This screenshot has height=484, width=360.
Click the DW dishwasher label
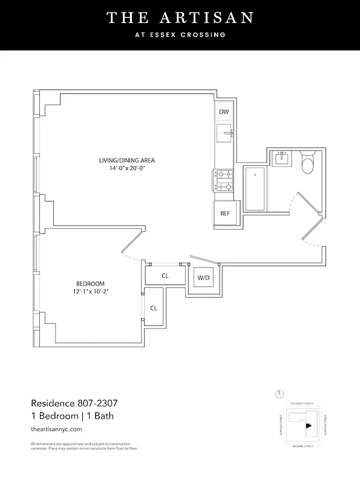pos(224,112)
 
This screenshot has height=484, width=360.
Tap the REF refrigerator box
pos(224,213)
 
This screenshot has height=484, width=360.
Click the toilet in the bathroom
pos(307,162)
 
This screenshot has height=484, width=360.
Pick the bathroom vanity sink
pos(282,159)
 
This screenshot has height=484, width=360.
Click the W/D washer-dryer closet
pos(203,278)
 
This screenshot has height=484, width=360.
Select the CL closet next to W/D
pos(165,275)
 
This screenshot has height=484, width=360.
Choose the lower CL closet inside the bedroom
pos(154,308)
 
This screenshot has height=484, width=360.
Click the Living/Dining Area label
pos(127,160)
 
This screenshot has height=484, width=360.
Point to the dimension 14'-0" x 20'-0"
pos(127,169)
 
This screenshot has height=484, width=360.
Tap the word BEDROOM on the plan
pos(90,284)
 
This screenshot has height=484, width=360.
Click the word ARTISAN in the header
pos(202,18)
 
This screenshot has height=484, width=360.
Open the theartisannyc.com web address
pos(56,428)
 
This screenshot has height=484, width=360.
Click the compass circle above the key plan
pos(280,394)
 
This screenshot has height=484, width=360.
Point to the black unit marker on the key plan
pos(308,426)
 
